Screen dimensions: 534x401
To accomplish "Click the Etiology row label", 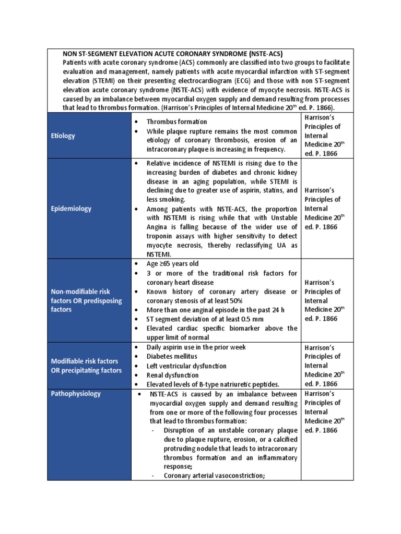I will [63, 136].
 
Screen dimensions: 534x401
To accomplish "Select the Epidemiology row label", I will [70, 209].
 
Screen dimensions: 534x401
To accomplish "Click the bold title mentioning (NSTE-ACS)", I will [172, 53].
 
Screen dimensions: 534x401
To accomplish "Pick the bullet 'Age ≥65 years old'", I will [172, 264].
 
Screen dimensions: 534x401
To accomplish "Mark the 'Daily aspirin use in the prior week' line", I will [196, 347].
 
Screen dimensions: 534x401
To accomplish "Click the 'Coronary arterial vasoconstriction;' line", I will [215, 476].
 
